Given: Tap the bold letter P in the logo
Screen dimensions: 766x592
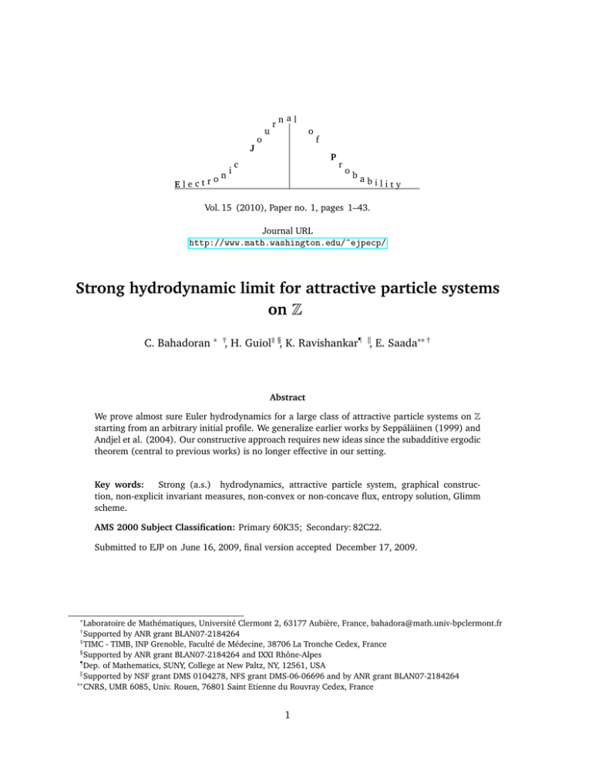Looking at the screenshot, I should tap(334, 158).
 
